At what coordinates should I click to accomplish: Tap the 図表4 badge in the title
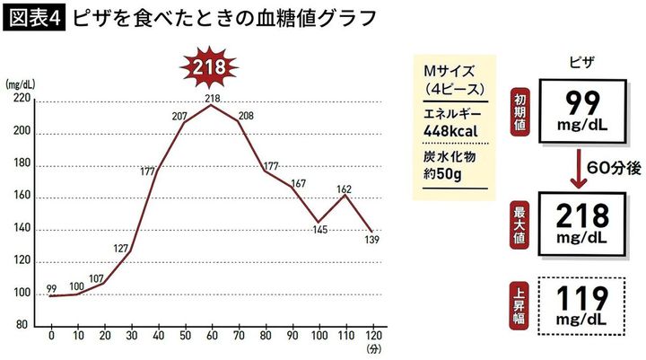point(34,18)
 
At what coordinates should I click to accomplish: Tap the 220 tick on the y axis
point(22,100)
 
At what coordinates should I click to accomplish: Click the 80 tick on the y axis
point(25,327)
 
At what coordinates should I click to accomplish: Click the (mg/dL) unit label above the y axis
point(20,83)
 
